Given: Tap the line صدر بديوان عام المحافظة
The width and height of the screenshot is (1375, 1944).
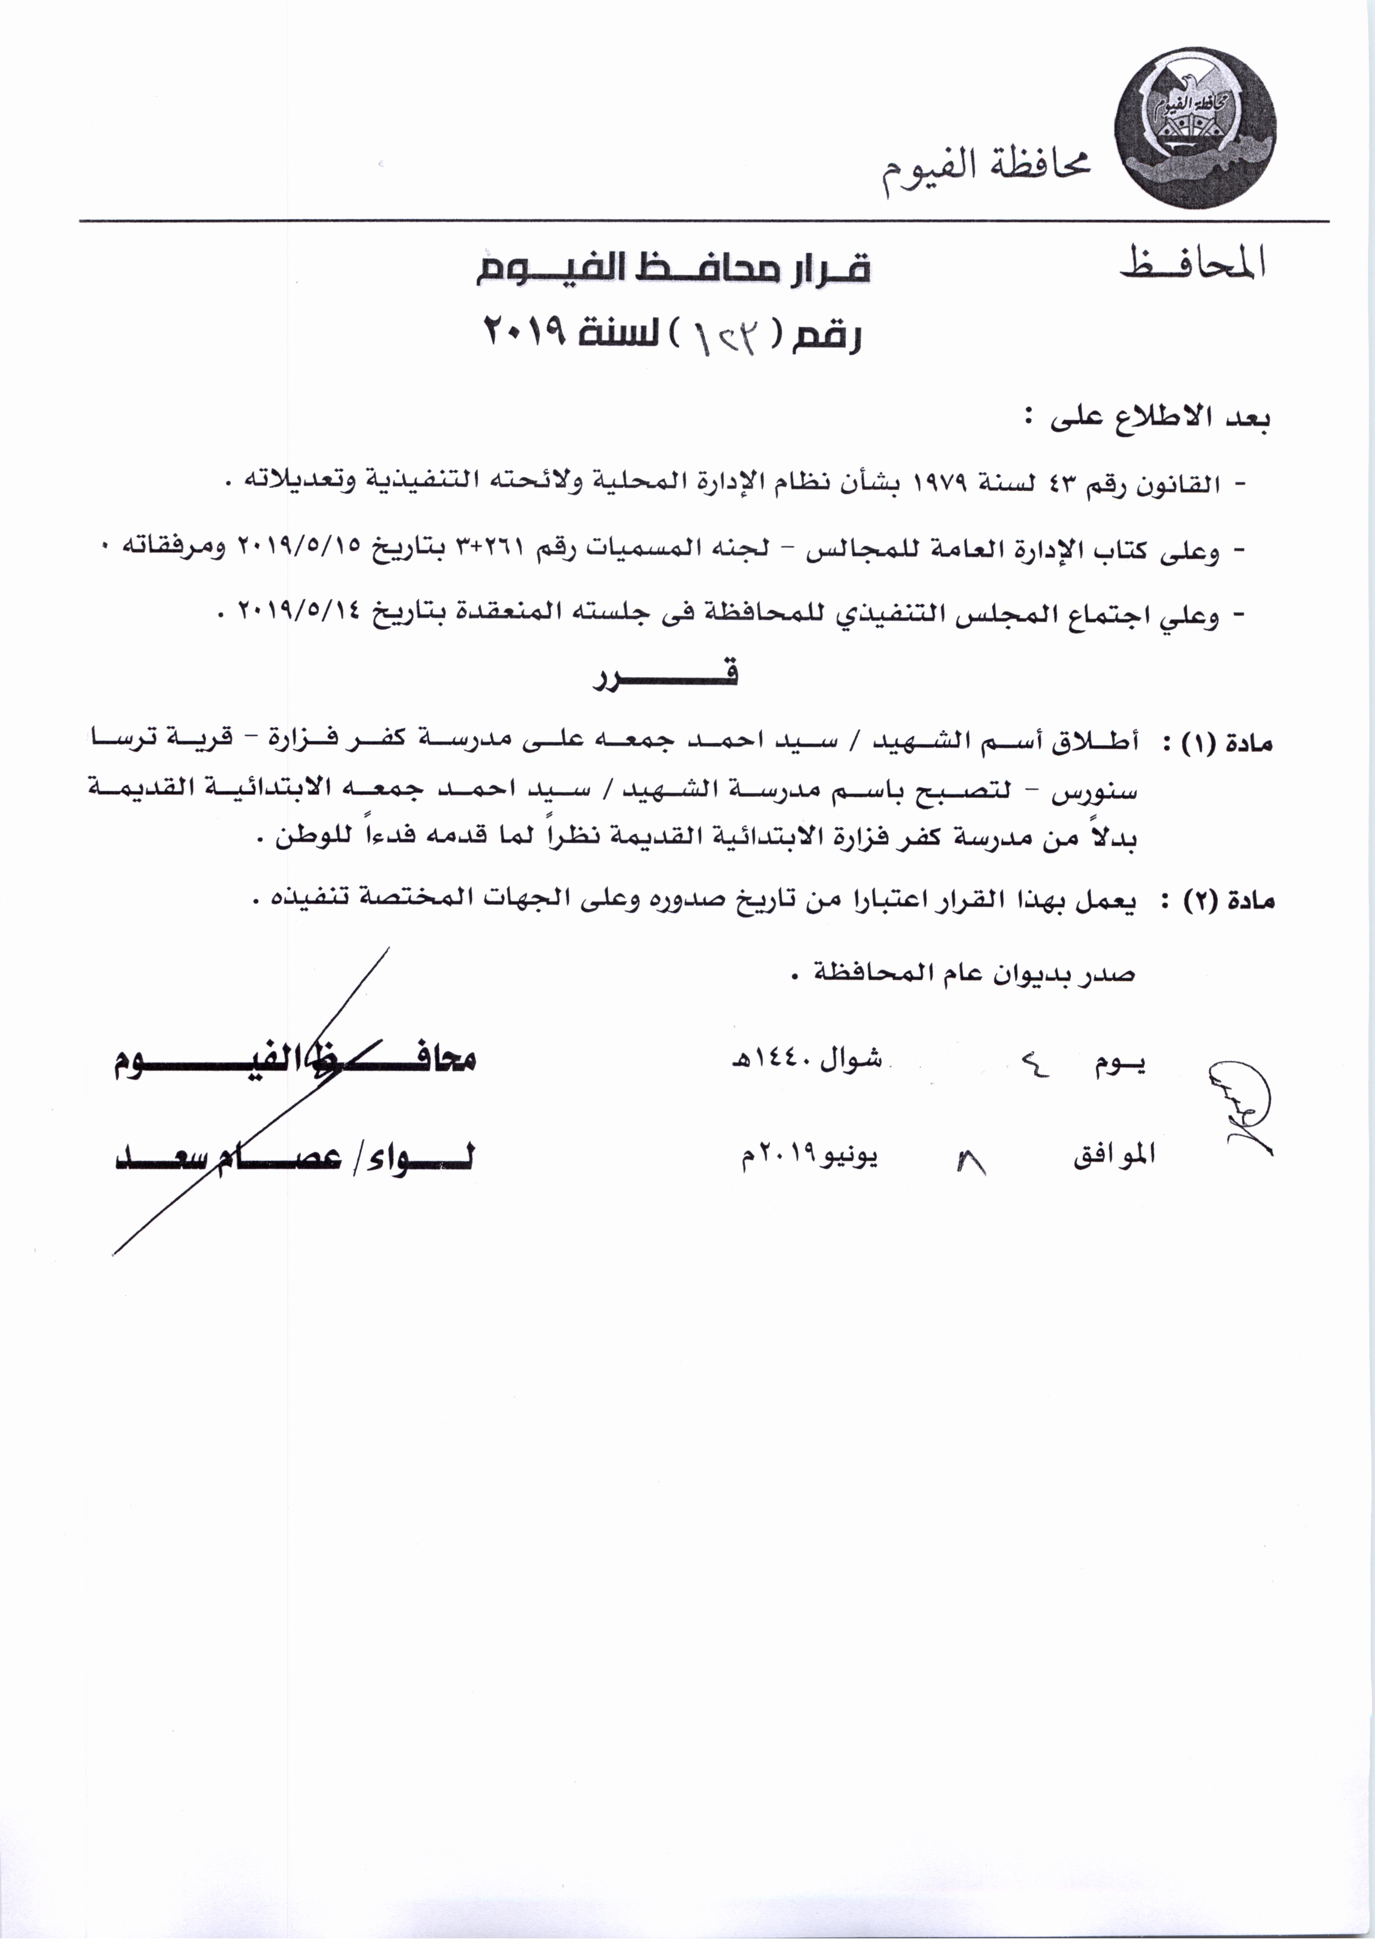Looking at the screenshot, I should tap(974, 974).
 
